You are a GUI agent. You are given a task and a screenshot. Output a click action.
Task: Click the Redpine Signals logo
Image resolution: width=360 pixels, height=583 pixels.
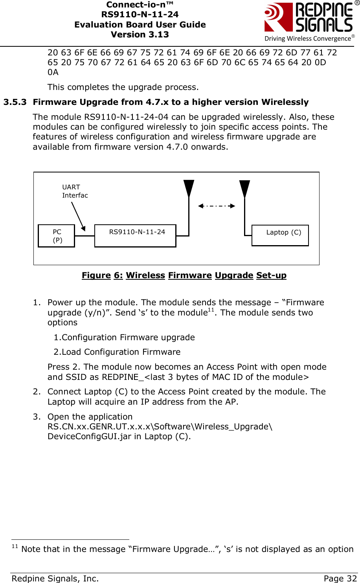(x=309, y=22)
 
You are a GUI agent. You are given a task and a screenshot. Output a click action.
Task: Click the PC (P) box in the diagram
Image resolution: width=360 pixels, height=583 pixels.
(x=57, y=236)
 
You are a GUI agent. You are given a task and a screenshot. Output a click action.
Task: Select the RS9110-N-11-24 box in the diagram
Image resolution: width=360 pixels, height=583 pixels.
(x=136, y=236)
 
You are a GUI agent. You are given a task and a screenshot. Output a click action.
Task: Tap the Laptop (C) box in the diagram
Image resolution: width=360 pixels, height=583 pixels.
(x=280, y=235)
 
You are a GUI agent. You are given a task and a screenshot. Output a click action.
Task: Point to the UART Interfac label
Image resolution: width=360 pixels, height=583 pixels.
(x=75, y=191)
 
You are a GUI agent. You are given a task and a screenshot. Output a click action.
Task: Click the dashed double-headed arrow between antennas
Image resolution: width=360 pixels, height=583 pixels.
(x=217, y=206)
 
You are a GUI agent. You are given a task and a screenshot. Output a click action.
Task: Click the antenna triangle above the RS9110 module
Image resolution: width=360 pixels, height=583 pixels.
(x=189, y=188)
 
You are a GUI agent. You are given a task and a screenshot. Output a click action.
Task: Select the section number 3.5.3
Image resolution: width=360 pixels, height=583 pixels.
(x=15, y=102)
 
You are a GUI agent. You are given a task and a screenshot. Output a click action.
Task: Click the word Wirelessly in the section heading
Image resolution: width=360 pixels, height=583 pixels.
(x=285, y=102)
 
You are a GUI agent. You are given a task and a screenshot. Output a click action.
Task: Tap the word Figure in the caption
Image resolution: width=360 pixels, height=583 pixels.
(x=96, y=275)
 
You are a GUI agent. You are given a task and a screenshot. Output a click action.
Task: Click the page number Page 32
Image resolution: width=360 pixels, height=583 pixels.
(x=340, y=578)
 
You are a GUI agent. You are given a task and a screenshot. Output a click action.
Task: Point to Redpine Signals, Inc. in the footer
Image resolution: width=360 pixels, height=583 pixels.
(x=55, y=578)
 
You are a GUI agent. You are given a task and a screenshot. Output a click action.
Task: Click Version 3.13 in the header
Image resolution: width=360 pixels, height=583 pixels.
(x=140, y=35)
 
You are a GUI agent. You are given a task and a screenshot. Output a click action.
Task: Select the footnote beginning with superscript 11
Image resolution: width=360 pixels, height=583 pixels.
(x=183, y=549)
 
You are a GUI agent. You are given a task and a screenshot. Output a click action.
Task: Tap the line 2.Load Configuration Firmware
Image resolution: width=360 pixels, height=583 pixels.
(x=117, y=352)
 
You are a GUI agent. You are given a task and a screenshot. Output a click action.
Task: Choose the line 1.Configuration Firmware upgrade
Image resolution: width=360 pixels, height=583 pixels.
(x=124, y=337)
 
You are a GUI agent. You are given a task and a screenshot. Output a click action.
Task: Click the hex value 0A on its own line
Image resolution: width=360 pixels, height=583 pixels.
(x=53, y=72)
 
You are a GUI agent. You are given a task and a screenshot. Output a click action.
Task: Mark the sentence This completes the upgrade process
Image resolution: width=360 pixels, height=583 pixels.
(x=123, y=87)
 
